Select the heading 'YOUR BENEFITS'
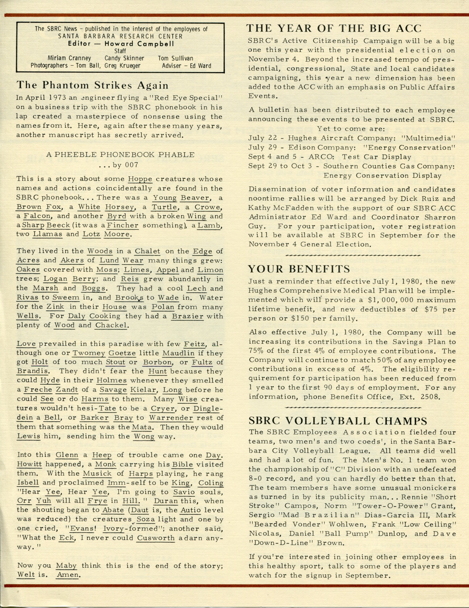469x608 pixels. pos(299,269)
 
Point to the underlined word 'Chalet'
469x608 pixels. pos(148,251)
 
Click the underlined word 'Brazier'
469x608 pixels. pos(188,316)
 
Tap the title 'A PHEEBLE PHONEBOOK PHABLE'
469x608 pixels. pos(120,155)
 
